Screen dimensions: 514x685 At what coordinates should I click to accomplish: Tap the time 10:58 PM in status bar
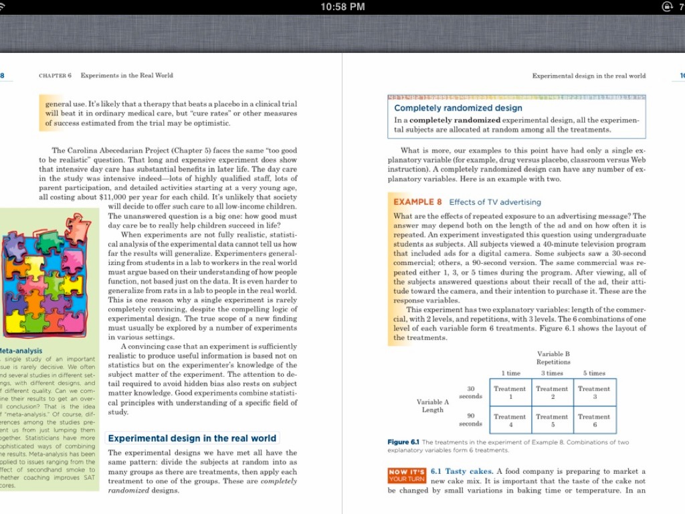pos(342,7)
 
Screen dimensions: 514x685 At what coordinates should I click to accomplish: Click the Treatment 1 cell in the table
pos(510,392)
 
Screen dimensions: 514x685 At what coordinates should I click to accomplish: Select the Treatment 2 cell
pos(552,392)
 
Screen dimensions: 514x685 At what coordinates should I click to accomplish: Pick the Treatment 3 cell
pos(594,392)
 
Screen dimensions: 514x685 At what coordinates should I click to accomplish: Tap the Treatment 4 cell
pos(510,420)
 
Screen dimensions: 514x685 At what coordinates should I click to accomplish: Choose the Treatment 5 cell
pos(552,420)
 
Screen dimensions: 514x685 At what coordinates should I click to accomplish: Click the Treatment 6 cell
pos(594,420)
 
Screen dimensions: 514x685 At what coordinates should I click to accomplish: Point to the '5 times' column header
pos(594,373)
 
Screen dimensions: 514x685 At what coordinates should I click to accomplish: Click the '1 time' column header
pos(510,373)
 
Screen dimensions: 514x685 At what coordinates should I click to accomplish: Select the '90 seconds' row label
pos(471,420)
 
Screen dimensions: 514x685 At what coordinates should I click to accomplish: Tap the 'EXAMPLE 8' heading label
pos(417,201)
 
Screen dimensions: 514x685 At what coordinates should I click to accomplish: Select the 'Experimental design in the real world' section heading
pos(192,438)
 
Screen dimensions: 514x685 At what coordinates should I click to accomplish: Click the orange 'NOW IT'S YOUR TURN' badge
pos(407,475)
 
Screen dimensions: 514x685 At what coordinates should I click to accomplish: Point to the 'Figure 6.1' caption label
pos(403,442)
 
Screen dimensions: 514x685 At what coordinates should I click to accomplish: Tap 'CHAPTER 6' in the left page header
pos(55,76)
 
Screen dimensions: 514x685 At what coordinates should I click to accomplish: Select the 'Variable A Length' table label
pos(433,406)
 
